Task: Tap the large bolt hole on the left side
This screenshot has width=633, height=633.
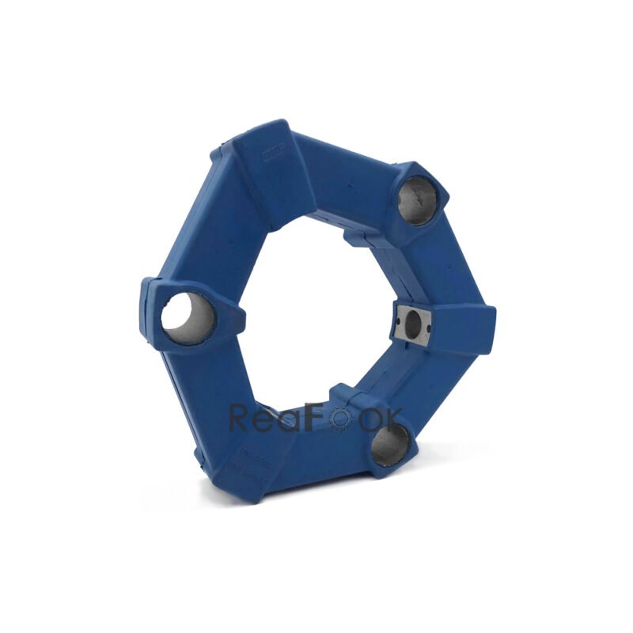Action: click(x=188, y=318)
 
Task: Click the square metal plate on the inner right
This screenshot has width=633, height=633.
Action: click(x=412, y=324)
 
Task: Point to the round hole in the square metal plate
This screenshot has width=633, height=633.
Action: click(x=412, y=322)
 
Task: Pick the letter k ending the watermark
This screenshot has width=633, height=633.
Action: click(x=393, y=418)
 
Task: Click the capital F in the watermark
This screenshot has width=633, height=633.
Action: click(x=316, y=418)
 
